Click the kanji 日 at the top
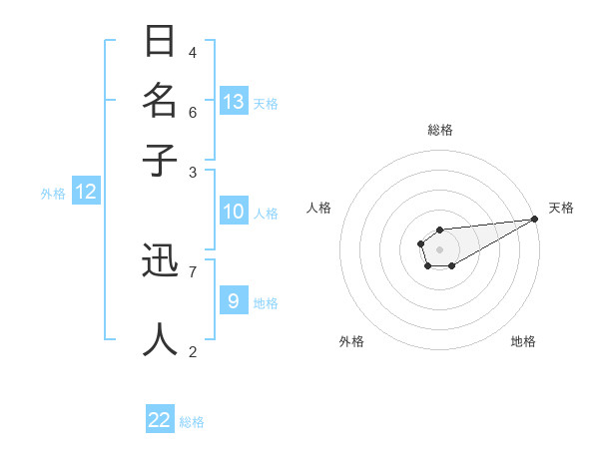point(160,43)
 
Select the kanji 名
point(160,101)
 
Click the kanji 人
point(160,339)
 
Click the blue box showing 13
point(234,102)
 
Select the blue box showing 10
point(234,212)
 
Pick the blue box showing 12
point(86,193)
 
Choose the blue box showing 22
point(161,420)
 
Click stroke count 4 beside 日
point(193,52)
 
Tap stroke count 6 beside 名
point(193,111)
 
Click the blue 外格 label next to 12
point(53,194)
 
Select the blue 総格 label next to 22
point(192,421)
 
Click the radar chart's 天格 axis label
point(561,208)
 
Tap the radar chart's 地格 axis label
point(523,341)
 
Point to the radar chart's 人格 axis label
point(319,208)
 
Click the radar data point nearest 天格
point(535,220)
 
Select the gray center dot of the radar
point(439,248)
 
